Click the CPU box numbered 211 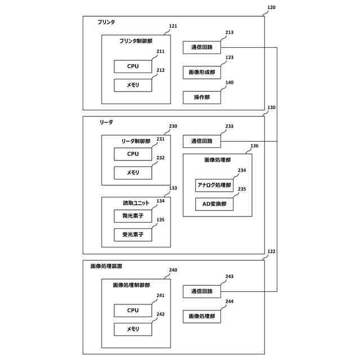[x=133, y=66]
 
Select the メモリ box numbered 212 [x=133, y=85]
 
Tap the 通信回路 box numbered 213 [x=201, y=48]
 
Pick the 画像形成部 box [x=201, y=73]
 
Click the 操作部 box [x=201, y=97]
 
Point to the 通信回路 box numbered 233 [x=201, y=141]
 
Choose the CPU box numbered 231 [x=133, y=154]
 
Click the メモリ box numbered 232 [x=133, y=173]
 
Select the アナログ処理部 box [x=214, y=185]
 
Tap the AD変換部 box [x=214, y=204]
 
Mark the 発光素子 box [x=133, y=215]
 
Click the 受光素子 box [x=133, y=235]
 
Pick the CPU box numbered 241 [x=133, y=310]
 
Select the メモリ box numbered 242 [x=133, y=329]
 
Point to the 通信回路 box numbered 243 [x=201, y=291]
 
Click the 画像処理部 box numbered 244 [x=201, y=317]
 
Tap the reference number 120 [x=271, y=8]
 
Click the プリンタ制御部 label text [x=136, y=41]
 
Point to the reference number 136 [x=254, y=146]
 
